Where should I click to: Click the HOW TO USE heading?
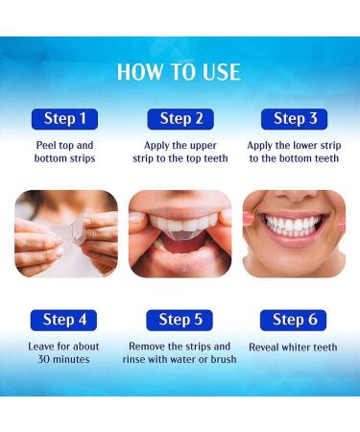pos(179,72)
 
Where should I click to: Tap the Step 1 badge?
pos(65,119)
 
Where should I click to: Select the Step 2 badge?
pos(180,119)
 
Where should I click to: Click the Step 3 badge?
pos(294,119)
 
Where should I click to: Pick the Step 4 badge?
pos(65,320)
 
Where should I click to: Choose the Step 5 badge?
pos(180,320)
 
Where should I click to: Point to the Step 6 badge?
pos(294,320)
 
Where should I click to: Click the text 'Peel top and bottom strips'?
pos(65,152)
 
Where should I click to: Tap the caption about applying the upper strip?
pos(180,152)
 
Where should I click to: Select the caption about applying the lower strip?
pos(294,152)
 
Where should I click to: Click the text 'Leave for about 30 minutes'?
pos(65,352)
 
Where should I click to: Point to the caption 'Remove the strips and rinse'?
pos(180,352)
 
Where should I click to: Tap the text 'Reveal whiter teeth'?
pos(294,347)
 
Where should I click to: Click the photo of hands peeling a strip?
pos(65,233)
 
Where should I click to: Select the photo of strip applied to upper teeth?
pos(180,233)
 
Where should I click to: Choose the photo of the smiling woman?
pos(294,233)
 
